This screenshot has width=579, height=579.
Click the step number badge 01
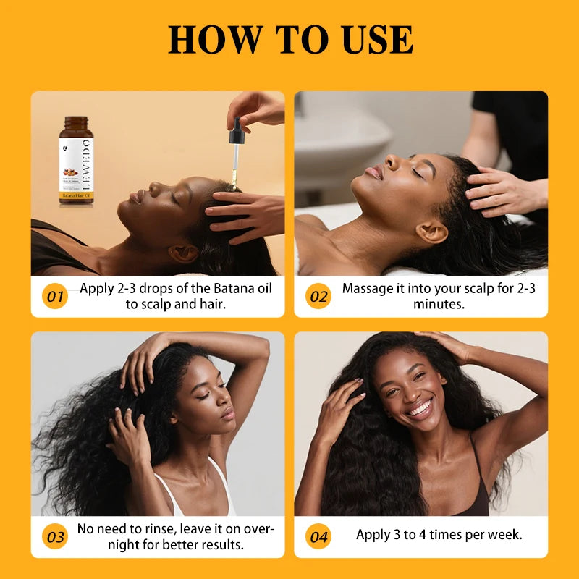click(x=55, y=297)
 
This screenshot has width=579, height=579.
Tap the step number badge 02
click(x=318, y=297)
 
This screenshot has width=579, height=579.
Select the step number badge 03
click(x=55, y=537)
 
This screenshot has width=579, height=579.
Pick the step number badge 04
click(x=318, y=537)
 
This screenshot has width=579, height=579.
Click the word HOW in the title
click(x=210, y=40)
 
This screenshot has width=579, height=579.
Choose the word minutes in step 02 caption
click(x=439, y=304)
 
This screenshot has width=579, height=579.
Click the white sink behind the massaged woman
click(x=340, y=138)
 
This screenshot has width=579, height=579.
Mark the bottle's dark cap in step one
click(x=76, y=123)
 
